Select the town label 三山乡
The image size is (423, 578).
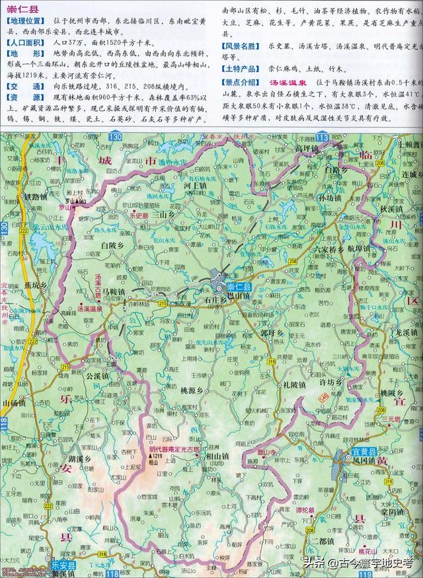(x=163, y=214)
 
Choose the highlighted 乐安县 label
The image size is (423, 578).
(x=64, y=566)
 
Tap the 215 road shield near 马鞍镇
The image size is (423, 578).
(x=163, y=303)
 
